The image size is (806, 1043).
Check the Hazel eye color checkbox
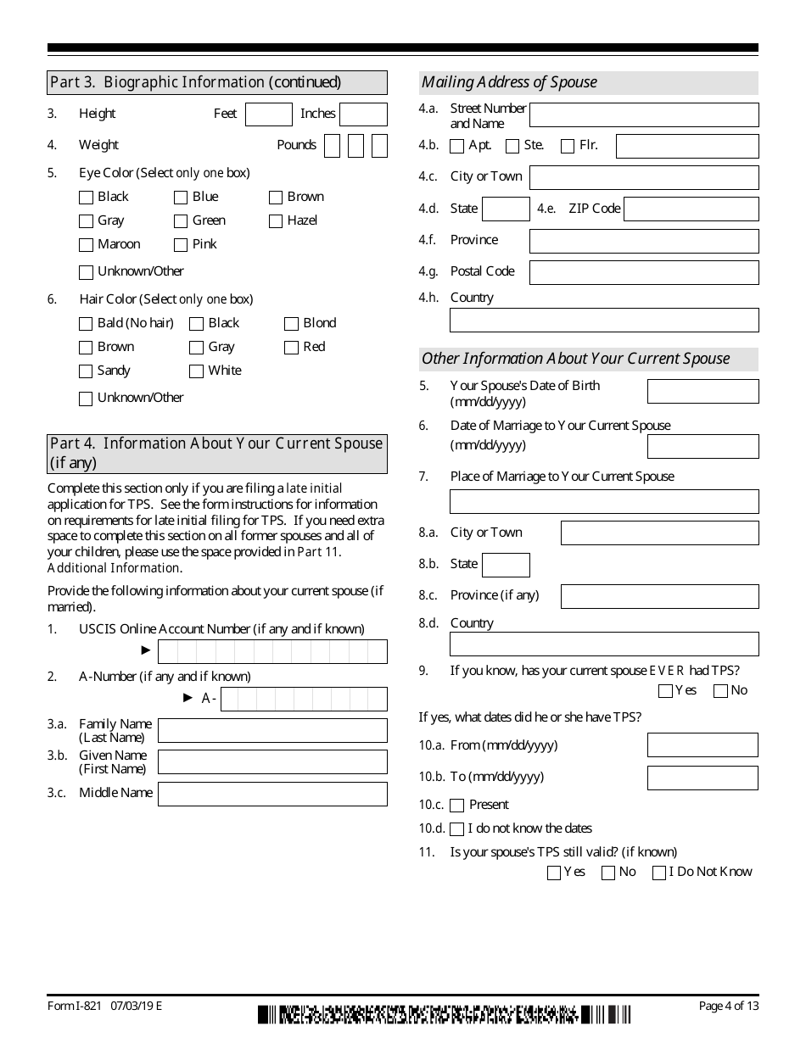[x=276, y=221]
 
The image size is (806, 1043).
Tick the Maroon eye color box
[x=86, y=245]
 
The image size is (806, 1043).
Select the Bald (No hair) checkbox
[x=86, y=324]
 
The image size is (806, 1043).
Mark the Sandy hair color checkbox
[x=86, y=371]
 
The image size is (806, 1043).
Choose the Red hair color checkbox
[x=291, y=348]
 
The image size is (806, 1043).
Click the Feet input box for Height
[x=268, y=114]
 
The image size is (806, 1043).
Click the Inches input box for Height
[x=363, y=114]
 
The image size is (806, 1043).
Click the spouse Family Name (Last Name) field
[x=272, y=730]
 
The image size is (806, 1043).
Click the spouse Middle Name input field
[x=272, y=794]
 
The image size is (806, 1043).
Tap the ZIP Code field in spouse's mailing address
[x=691, y=209]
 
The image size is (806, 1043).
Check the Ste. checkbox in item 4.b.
[x=512, y=147]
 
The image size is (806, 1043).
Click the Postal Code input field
[x=644, y=272]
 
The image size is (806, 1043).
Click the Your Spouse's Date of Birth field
[x=702, y=391]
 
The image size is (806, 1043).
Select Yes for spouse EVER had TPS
[x=665, y=691]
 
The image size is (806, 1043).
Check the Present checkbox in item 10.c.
[x=457, y=806]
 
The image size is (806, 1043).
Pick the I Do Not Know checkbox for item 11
[x=659, y=873]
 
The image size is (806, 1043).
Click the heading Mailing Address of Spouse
[x=509, y=82]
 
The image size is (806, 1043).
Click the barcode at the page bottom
[x=445, y=1014]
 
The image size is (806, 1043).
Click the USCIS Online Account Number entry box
[x=272, y=651]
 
